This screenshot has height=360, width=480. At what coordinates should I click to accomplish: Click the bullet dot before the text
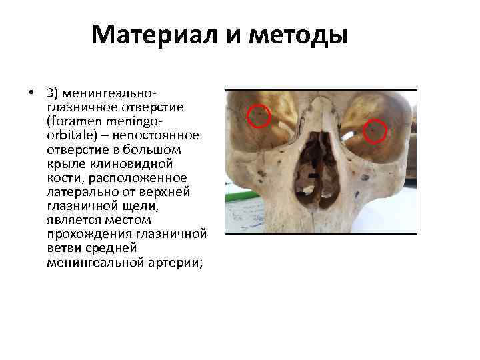click(31, 91)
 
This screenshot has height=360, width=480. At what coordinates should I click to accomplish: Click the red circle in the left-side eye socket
click(259, 116)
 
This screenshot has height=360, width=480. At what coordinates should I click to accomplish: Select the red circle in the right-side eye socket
click(376, 129)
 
